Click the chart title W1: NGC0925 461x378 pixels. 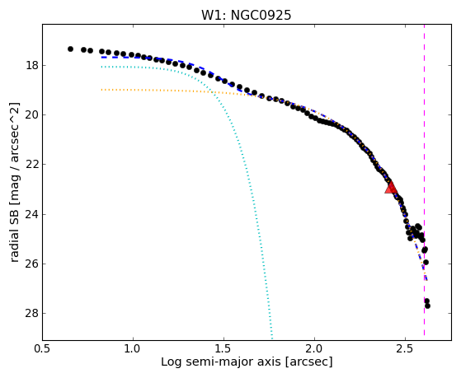point(246,15)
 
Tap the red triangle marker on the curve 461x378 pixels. point(391,189)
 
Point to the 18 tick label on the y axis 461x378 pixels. point(32,65)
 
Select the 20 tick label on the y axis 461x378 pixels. point(32,114)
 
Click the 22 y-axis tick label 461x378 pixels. point(32,164)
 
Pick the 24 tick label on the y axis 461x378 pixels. point(32,214)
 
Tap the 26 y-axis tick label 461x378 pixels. point(32,264)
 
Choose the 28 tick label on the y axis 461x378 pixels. point(32,314)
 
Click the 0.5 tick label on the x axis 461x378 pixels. point(43,349)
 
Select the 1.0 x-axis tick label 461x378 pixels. point(133,349)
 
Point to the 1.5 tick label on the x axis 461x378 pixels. point(223,349)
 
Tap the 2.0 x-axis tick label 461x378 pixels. point(314,349)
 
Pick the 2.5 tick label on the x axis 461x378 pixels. point(405,349)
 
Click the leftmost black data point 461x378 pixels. point(70,49)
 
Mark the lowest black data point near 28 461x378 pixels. point(427,306)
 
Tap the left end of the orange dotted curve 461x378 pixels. point(101,89)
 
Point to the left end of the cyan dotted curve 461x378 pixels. point(101,67)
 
